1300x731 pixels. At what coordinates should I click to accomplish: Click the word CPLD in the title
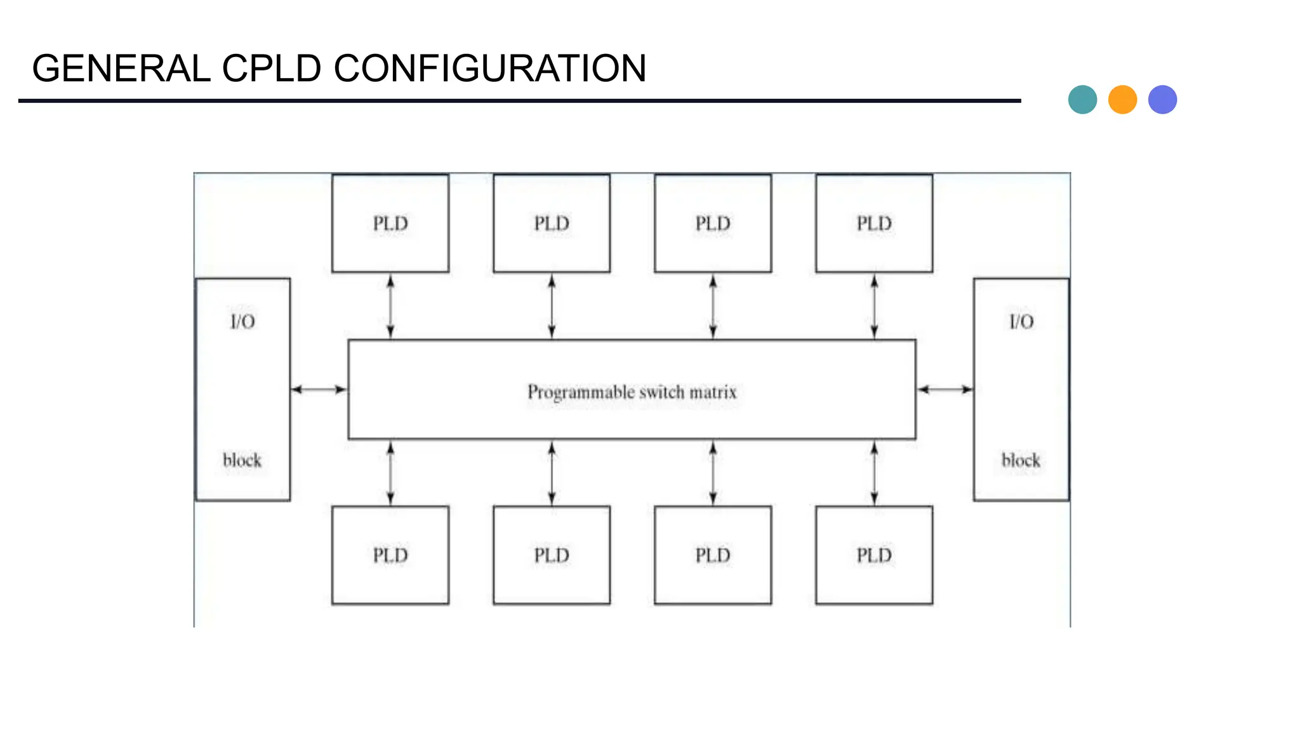pos(271,69)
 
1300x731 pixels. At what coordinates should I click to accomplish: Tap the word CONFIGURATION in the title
pos(489,69)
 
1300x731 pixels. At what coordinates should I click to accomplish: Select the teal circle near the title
pos(1082,100)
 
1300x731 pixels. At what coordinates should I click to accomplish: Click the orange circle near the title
pos(1122,100)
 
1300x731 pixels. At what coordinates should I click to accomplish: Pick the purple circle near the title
pos(1162,100)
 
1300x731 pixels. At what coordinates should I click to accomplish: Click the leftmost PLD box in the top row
pos(390,223)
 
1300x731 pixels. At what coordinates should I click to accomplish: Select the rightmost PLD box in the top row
pos(874,223)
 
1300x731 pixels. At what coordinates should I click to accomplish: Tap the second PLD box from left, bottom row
pos(552,555)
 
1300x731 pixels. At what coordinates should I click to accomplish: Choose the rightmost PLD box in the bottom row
pos(874,555)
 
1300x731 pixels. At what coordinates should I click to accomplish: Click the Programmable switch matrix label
pos(632,392)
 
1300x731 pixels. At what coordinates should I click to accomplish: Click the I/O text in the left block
pos(242,322)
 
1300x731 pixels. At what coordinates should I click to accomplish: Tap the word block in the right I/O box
pos(1021,460)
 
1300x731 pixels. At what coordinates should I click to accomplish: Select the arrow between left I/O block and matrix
pos(319,389)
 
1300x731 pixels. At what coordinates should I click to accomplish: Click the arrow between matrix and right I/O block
pos(945,389)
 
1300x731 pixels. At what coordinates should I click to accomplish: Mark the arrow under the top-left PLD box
pos(390,306)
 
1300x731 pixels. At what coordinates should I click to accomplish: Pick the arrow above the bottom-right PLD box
pos(874,473)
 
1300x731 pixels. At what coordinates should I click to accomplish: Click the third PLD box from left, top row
pos(713,223)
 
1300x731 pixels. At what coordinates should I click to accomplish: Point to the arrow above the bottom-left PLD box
pos(390,473)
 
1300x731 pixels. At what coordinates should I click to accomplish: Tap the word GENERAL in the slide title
pos(121,69)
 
